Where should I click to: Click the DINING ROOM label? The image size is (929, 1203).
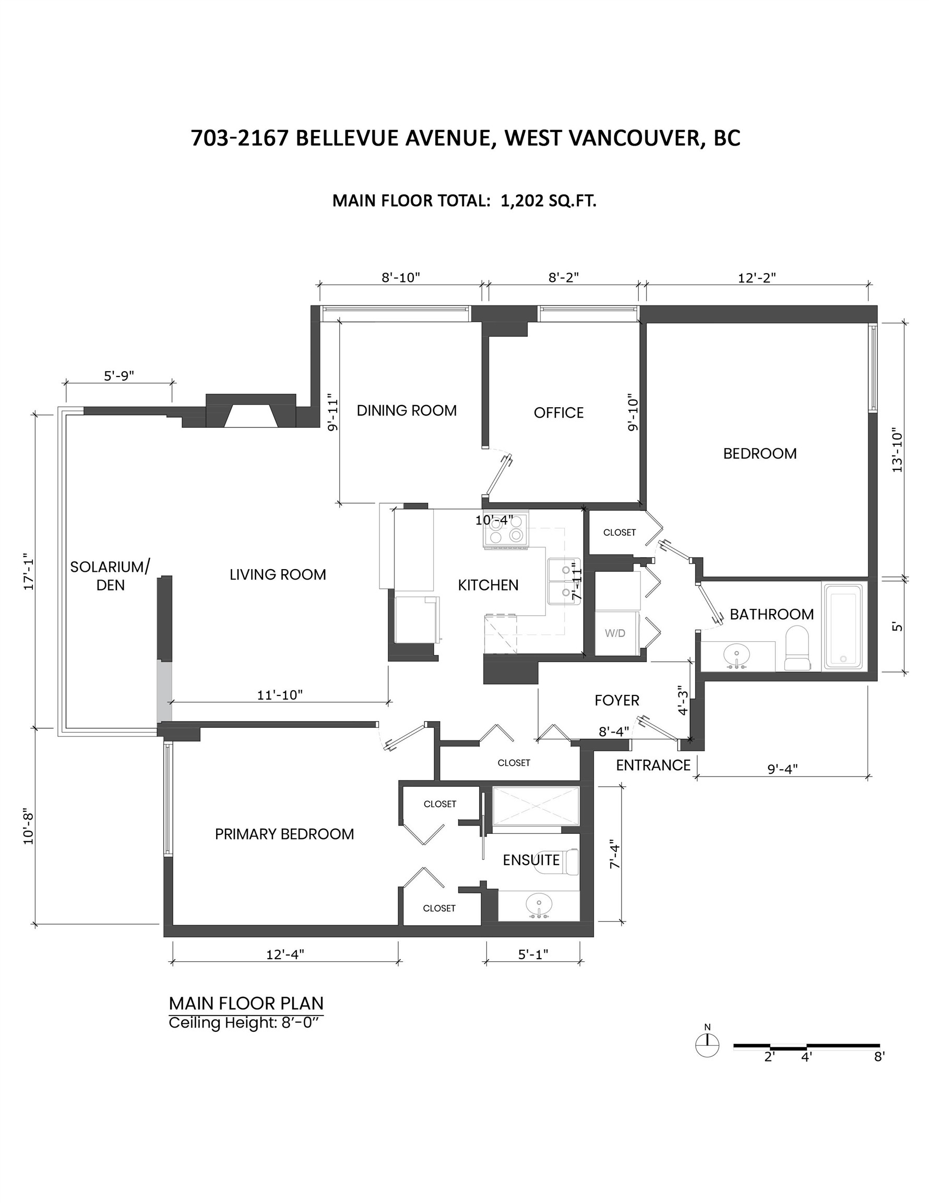point(407,410)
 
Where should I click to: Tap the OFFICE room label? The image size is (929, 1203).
point(558,412)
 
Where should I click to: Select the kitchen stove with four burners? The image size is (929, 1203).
point(506,530)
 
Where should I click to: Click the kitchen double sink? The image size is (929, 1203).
point(563,581)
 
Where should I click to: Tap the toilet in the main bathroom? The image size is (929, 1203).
point(797,648)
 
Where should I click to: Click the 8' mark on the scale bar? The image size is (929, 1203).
point(879,1056)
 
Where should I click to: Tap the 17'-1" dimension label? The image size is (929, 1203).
point(29,571)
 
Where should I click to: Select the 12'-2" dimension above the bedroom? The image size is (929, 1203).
point(757,278)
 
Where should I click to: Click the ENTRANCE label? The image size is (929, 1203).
point(652,765)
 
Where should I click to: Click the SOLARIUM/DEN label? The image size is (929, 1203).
point(110,575)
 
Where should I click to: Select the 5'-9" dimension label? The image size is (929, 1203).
point(119,375)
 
